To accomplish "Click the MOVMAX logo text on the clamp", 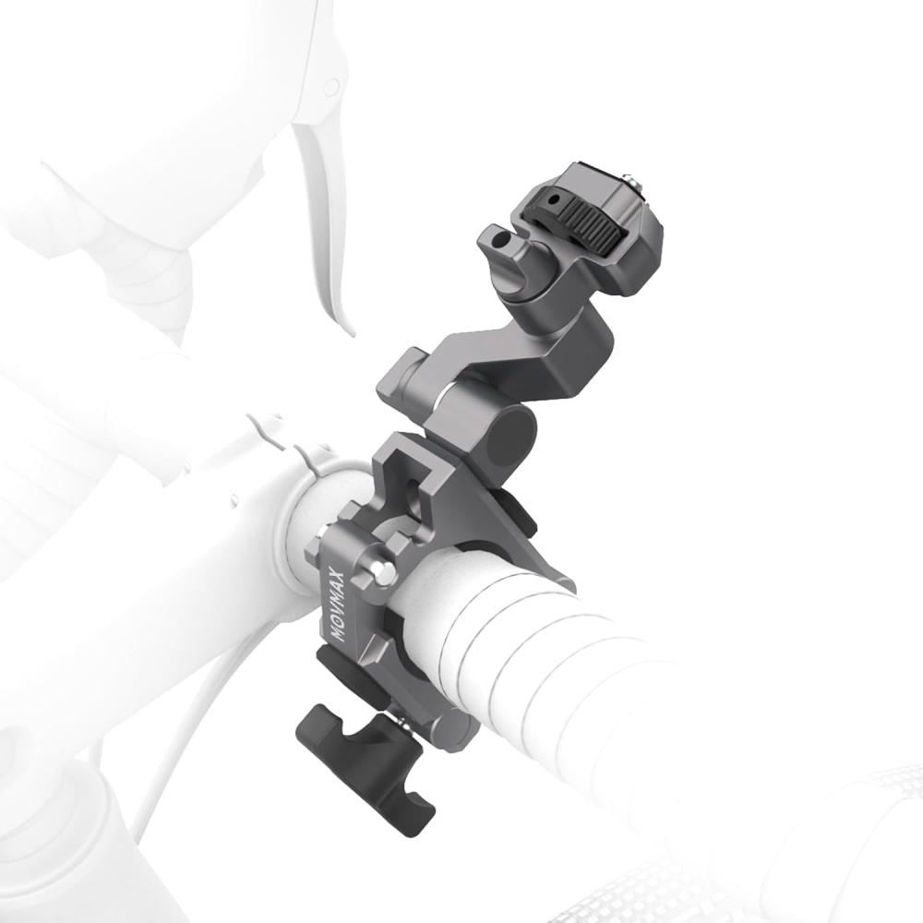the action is pyautogui.click(x=338, y=605).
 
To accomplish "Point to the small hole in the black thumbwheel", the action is pyautogui.click(x=552, y=200).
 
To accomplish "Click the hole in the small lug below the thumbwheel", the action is pyautogui.click(x=500, y=240).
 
